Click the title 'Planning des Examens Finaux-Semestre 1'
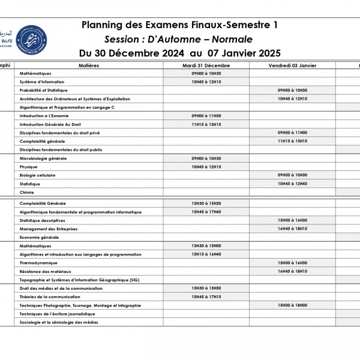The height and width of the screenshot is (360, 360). (179, 25)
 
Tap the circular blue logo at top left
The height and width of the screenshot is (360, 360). (29, 37)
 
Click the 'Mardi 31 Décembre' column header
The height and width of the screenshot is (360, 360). (206, 65)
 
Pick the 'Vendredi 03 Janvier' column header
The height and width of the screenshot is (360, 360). (292, 65)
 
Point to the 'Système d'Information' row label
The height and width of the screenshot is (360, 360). (42, 82)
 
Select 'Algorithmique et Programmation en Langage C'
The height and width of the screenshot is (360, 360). (67, 107)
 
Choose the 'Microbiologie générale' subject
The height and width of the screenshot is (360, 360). (43, 158)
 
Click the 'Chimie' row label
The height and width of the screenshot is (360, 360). (27, 192)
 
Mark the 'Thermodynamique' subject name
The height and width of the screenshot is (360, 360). (38, 263)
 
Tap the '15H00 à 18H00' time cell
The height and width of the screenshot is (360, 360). (292, 305)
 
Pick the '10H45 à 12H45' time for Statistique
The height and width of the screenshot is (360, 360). (292, 184)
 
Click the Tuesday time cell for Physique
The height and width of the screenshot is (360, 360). (206, 167)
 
